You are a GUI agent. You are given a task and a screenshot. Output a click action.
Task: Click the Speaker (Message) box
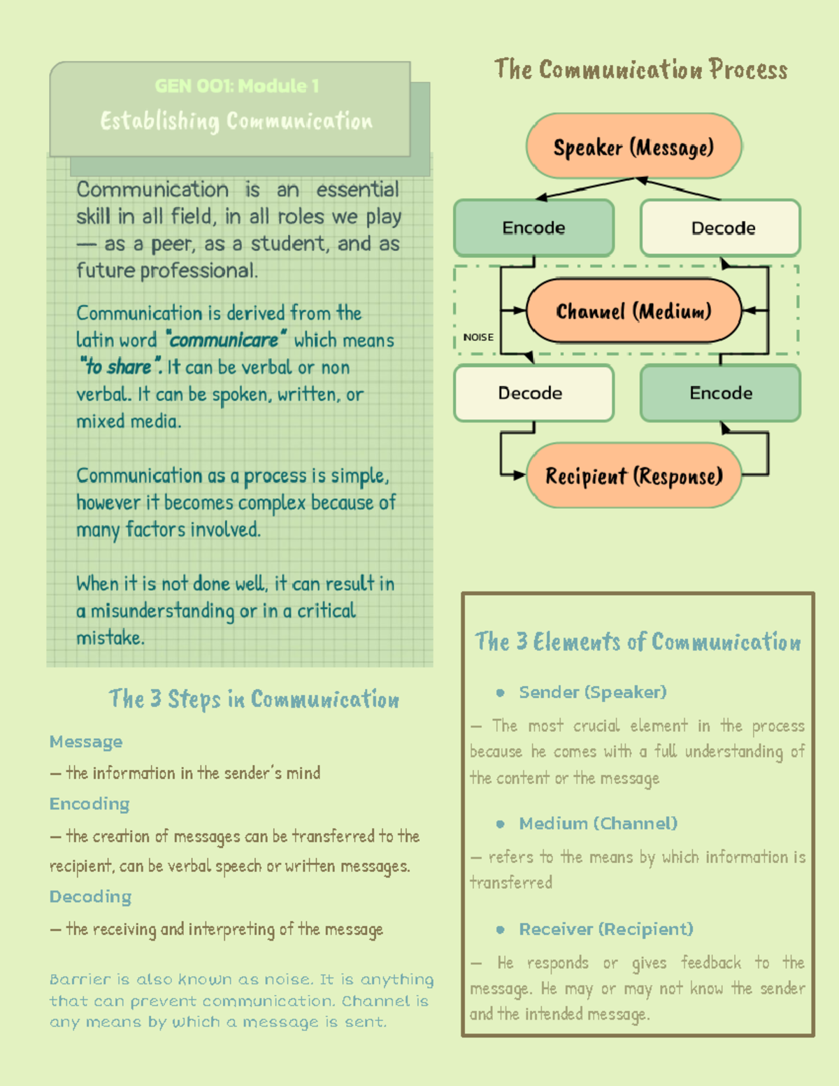[633, 147]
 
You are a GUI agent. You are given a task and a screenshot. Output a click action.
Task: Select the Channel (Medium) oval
[633, 310]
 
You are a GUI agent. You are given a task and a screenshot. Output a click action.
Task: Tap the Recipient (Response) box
[633, 476]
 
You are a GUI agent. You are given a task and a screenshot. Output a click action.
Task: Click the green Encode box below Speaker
[533, 228]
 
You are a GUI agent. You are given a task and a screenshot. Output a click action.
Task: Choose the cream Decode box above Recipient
[533, 393]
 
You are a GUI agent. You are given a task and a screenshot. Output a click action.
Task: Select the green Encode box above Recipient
[721, 393]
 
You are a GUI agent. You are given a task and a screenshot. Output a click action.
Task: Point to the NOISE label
[478, 337]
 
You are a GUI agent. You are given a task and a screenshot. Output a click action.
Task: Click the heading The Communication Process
[640, 70]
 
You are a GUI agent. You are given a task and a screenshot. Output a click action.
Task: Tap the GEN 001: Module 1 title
[237, 86]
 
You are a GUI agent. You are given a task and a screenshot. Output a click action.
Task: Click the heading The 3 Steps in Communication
[254, 699]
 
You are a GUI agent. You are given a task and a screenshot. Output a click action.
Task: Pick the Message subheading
[86, 742]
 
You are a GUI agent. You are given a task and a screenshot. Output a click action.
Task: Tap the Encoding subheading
[89, 804]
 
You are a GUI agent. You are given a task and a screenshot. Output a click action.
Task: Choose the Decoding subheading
[90, 897]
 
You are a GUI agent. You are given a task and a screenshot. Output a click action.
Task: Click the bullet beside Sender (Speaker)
[500, 693]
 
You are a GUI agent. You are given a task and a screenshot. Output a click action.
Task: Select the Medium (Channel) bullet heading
[598, 824]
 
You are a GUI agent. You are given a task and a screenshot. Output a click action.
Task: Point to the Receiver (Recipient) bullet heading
[605, 929]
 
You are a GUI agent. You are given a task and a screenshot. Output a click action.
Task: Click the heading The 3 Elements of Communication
[638, 642]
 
